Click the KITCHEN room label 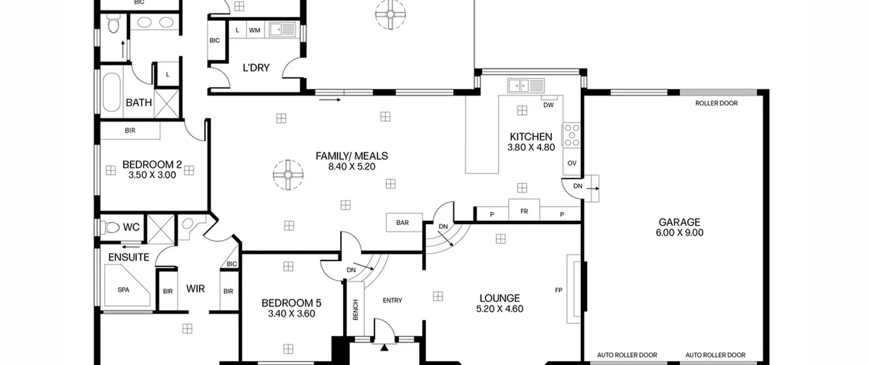click(x=531, y=137)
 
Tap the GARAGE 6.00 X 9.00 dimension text click(x=679, y=233)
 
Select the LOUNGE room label click(x=500, y=298)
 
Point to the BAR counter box click(x=404, y=222)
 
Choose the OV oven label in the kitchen click(x=572, y=163)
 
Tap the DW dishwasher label click(x=549, y=105)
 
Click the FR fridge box click(x=524, y=209)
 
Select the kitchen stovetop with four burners click(x=572, y=135)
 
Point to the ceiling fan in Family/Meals click(x=288, y=175)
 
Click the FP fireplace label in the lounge click(x=558, y=290)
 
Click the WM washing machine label click(x=255, y=30)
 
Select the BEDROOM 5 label click(x=291, y=303)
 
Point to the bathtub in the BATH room click(x=111, y=92)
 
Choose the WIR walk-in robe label click(x=196, y=289)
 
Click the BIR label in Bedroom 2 click(x=130, y=130)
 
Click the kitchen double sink click(x=526, y=85)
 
